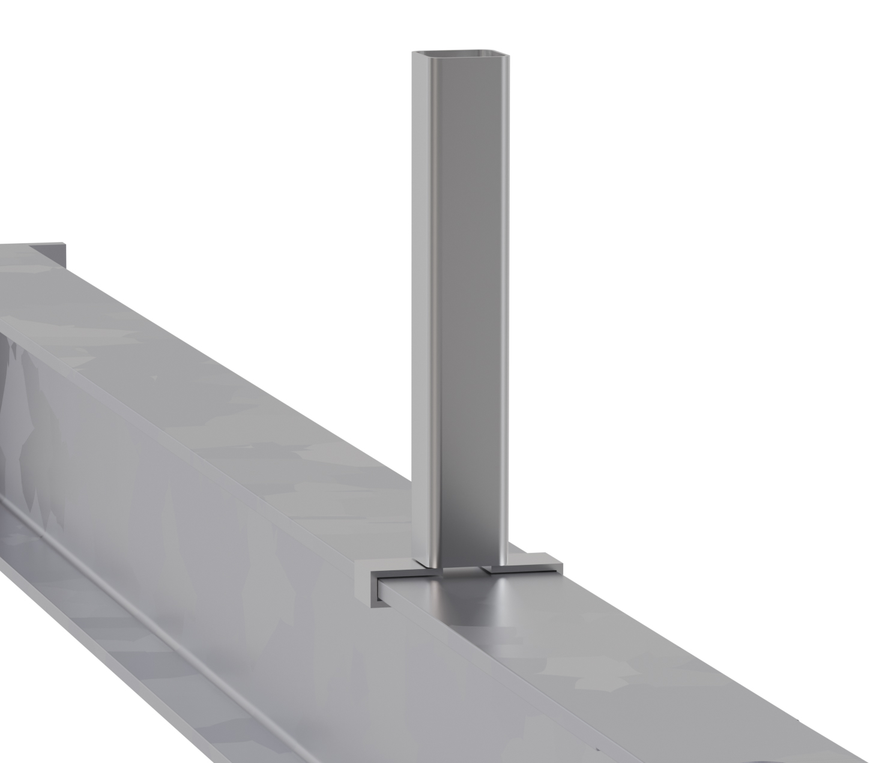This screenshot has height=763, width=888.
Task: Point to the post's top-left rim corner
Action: point(413,53)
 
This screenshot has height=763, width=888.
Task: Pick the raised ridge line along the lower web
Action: point(150,612)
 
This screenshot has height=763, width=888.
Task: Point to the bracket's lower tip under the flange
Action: point(375,605)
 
